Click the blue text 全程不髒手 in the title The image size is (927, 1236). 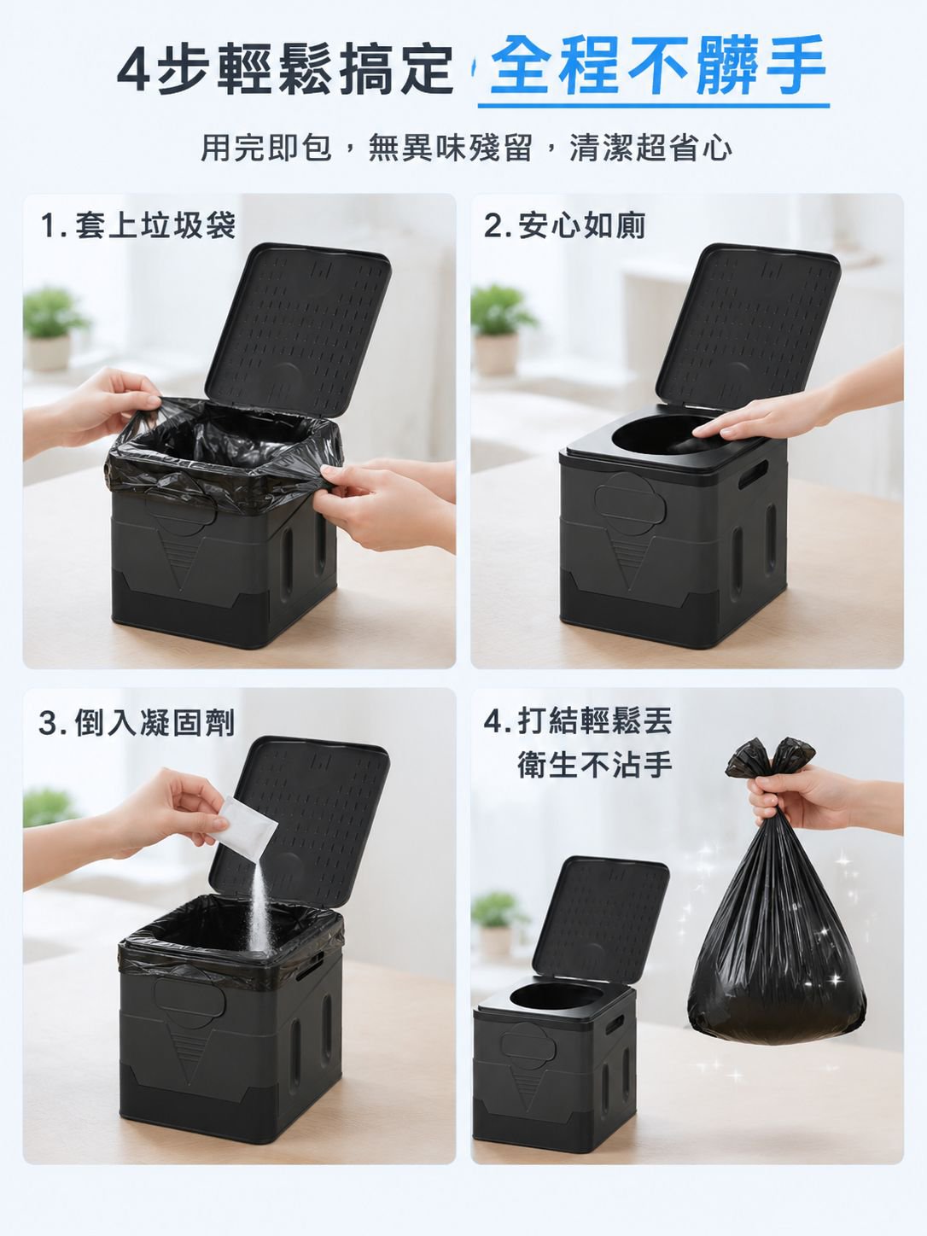657,66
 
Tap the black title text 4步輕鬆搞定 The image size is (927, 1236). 285,68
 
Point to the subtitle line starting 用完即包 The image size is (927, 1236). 466,148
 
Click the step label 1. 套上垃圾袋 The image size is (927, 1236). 137,225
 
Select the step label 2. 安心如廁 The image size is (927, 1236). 564,225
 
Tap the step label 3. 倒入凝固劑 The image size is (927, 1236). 137,723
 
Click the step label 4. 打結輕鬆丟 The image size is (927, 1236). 578,720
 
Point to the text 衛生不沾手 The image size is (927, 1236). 595,764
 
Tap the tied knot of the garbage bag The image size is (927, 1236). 770,759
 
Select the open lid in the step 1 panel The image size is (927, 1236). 298,327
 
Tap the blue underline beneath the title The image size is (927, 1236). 654,105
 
